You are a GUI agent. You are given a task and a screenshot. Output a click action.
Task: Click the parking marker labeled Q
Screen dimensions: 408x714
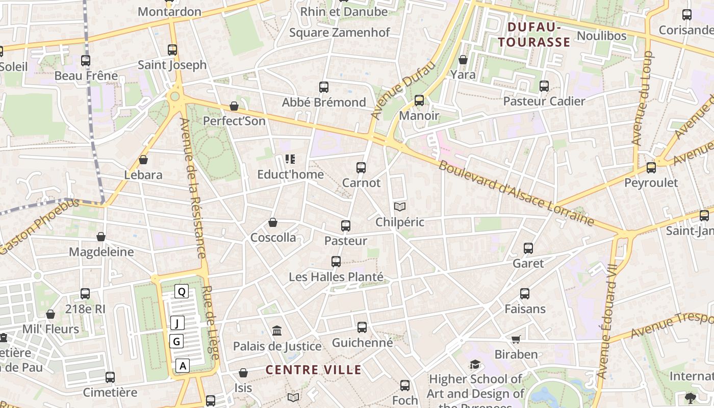click(182, 292)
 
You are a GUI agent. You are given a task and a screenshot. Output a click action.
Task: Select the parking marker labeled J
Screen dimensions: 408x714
click(177, 323)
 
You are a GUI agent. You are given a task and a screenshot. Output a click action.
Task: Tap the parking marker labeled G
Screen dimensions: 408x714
click(176, 341)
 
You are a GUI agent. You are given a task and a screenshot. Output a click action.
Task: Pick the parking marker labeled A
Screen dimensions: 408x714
click(183, 365)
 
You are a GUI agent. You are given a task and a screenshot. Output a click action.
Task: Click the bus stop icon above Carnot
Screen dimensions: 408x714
click(361, 167)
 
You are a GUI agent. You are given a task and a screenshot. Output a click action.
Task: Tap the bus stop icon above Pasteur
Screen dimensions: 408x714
click(346, 225)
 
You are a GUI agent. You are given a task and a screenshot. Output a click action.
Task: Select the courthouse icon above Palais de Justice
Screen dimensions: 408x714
click(277, 331)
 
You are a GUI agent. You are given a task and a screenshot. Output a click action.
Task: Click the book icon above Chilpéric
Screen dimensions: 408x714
click(400, 207)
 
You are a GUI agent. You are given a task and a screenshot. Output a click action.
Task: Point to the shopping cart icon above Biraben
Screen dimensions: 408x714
click(516, 339)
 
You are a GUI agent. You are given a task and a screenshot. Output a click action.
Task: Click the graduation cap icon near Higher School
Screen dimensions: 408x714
click(475, 364)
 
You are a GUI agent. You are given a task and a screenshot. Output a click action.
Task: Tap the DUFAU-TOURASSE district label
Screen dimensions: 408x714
click(534, 34)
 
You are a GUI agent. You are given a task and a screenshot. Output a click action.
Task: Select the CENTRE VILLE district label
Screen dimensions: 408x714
click(314, 370)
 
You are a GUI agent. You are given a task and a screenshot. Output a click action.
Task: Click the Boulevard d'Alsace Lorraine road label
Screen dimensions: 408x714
click(516, 194)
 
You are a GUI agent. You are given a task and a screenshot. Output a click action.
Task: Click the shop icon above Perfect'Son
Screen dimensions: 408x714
click(234, 106)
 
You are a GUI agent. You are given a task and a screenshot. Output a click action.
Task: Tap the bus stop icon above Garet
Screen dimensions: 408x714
click(528, 248)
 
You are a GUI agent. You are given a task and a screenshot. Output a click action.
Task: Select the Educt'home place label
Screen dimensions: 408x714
click(290, 174)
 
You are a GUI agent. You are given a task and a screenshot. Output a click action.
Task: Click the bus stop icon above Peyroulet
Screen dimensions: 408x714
click(651, 167)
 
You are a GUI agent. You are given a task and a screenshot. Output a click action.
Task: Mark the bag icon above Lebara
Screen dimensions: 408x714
click(143, 160)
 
